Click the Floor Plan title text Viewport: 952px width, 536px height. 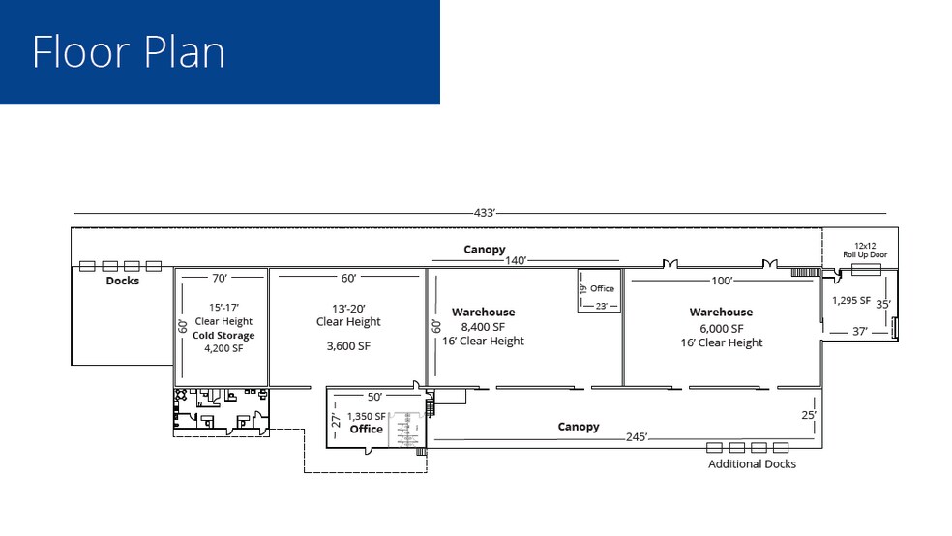coord(129,51)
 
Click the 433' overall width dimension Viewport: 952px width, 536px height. coord(484,213)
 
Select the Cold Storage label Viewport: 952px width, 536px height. coord(223,336)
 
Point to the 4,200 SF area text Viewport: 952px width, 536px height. coord(223,348)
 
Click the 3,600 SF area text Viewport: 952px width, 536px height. coord(349,345)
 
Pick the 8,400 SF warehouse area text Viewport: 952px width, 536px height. coord(483,327)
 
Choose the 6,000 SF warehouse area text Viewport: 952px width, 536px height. coord(721,328)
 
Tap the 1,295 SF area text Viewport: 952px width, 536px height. coord(851,300)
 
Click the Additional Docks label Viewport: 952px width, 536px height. coord(752,464)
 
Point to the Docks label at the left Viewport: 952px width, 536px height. coord(123,281)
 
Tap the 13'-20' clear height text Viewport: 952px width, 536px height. coord(348,308)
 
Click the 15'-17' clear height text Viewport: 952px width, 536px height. coord(223,308)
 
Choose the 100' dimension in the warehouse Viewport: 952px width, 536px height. coord(721,281)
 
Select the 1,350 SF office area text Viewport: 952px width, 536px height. coord(366,417)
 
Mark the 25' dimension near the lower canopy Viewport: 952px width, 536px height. coord(808,415)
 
